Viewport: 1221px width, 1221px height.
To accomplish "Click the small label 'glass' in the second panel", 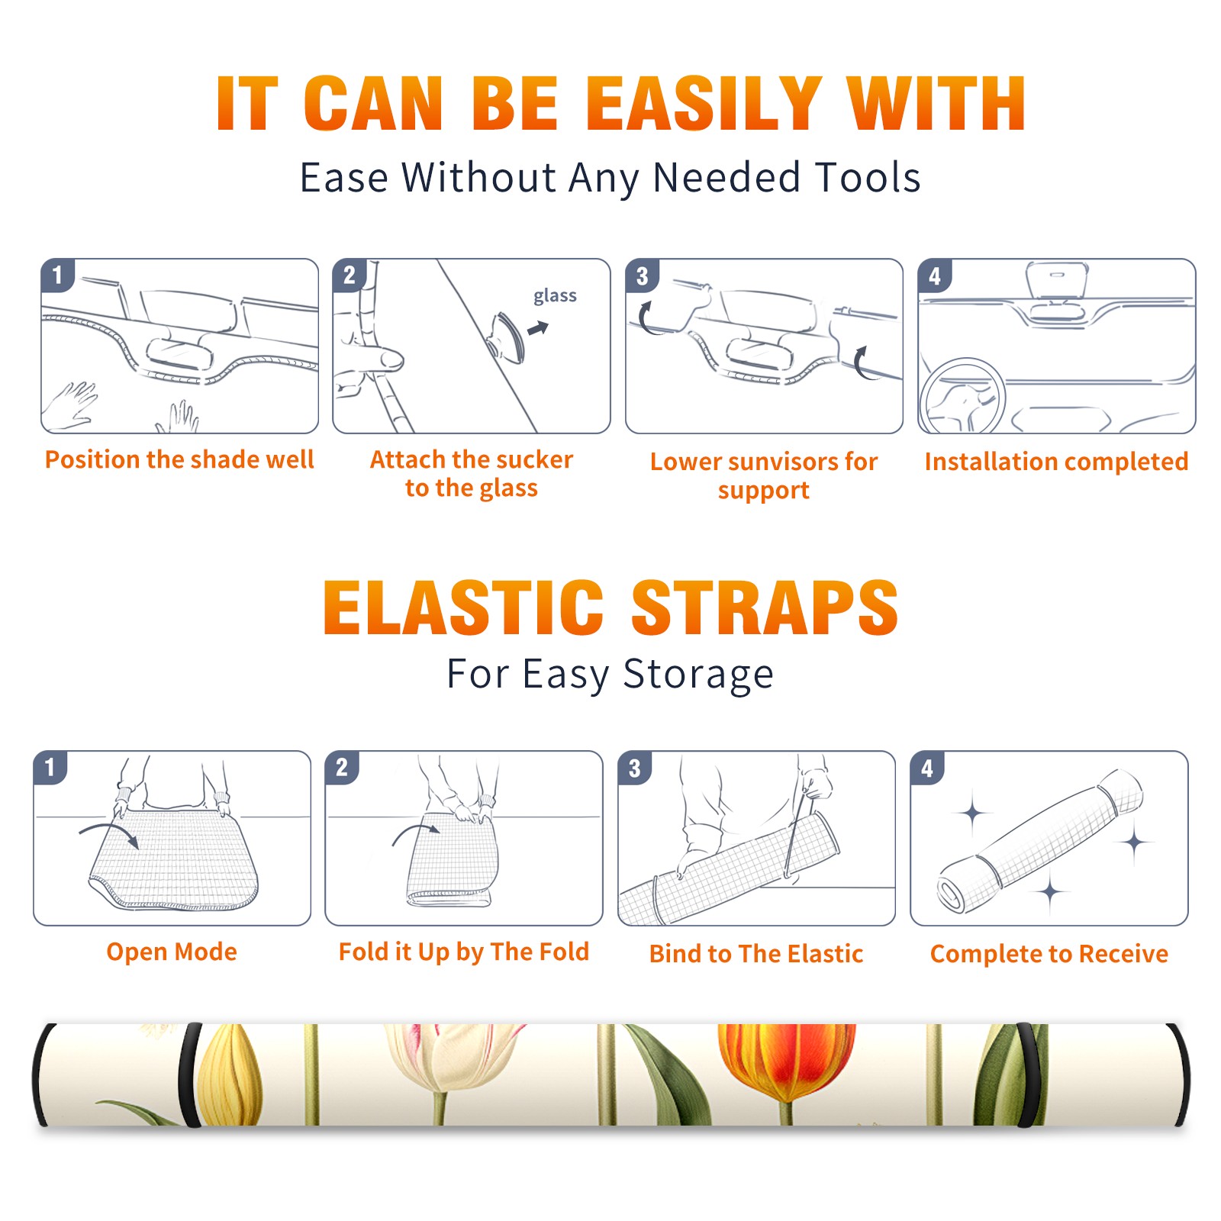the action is (x=555, y=296).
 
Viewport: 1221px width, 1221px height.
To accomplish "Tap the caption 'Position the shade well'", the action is (x=179, y=459).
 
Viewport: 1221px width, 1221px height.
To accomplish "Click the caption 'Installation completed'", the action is (x=1056, y=461).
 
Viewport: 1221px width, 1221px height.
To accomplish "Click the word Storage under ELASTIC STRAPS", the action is (x=698, y=675).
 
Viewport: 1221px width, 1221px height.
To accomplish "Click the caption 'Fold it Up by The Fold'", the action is (x=464, y=952).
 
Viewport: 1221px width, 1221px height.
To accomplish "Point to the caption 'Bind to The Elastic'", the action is (x=756, y=953).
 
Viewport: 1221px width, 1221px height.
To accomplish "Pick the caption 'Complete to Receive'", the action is (x=1049, y=953).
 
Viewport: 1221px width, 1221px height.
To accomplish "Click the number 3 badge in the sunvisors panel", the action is (x=642, y=276).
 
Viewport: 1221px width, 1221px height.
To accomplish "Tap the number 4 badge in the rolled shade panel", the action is (x=927, y=768).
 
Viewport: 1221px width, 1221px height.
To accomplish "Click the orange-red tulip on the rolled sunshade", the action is (x=786, y=1062).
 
